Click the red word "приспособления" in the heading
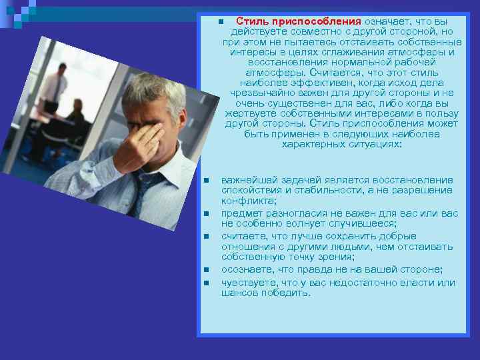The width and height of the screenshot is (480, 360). coord(323,21)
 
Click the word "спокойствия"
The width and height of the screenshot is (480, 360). coord(249,190)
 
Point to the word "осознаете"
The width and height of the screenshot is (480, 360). coord(247,269)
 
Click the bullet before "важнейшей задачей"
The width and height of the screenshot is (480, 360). coord(207,181)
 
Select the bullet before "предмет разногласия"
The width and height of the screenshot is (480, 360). coord(207,214)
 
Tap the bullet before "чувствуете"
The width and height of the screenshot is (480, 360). coord(207,283)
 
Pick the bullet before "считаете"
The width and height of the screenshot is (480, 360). coord(207,237)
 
